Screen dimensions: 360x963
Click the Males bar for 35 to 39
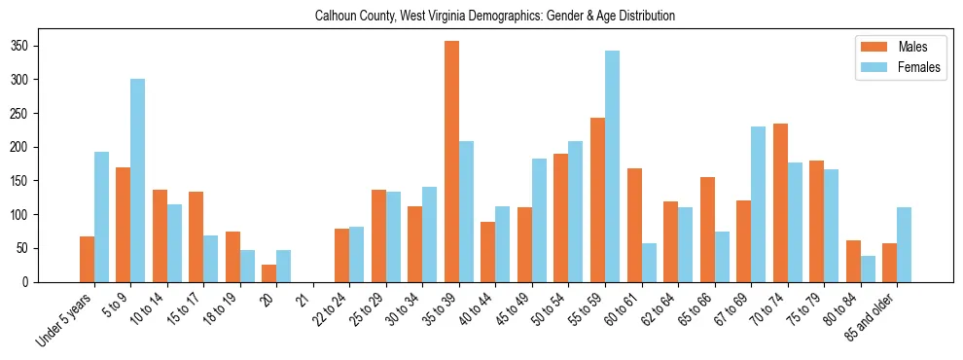tap(451, 162)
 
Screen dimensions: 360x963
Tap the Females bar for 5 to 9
tap(138, 180)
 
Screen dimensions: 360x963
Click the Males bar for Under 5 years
tap(87, 259)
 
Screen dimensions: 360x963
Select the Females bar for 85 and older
tap(904, 244)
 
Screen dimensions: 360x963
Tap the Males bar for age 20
tap(269, 273)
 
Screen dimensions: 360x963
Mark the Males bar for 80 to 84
tap(853, 261)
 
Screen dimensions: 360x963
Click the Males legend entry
tap(893, 47)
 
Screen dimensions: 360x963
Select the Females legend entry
tap(899, 68)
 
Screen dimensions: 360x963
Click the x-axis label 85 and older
tap(874, 316)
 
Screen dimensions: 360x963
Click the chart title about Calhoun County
tap(495, 17)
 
